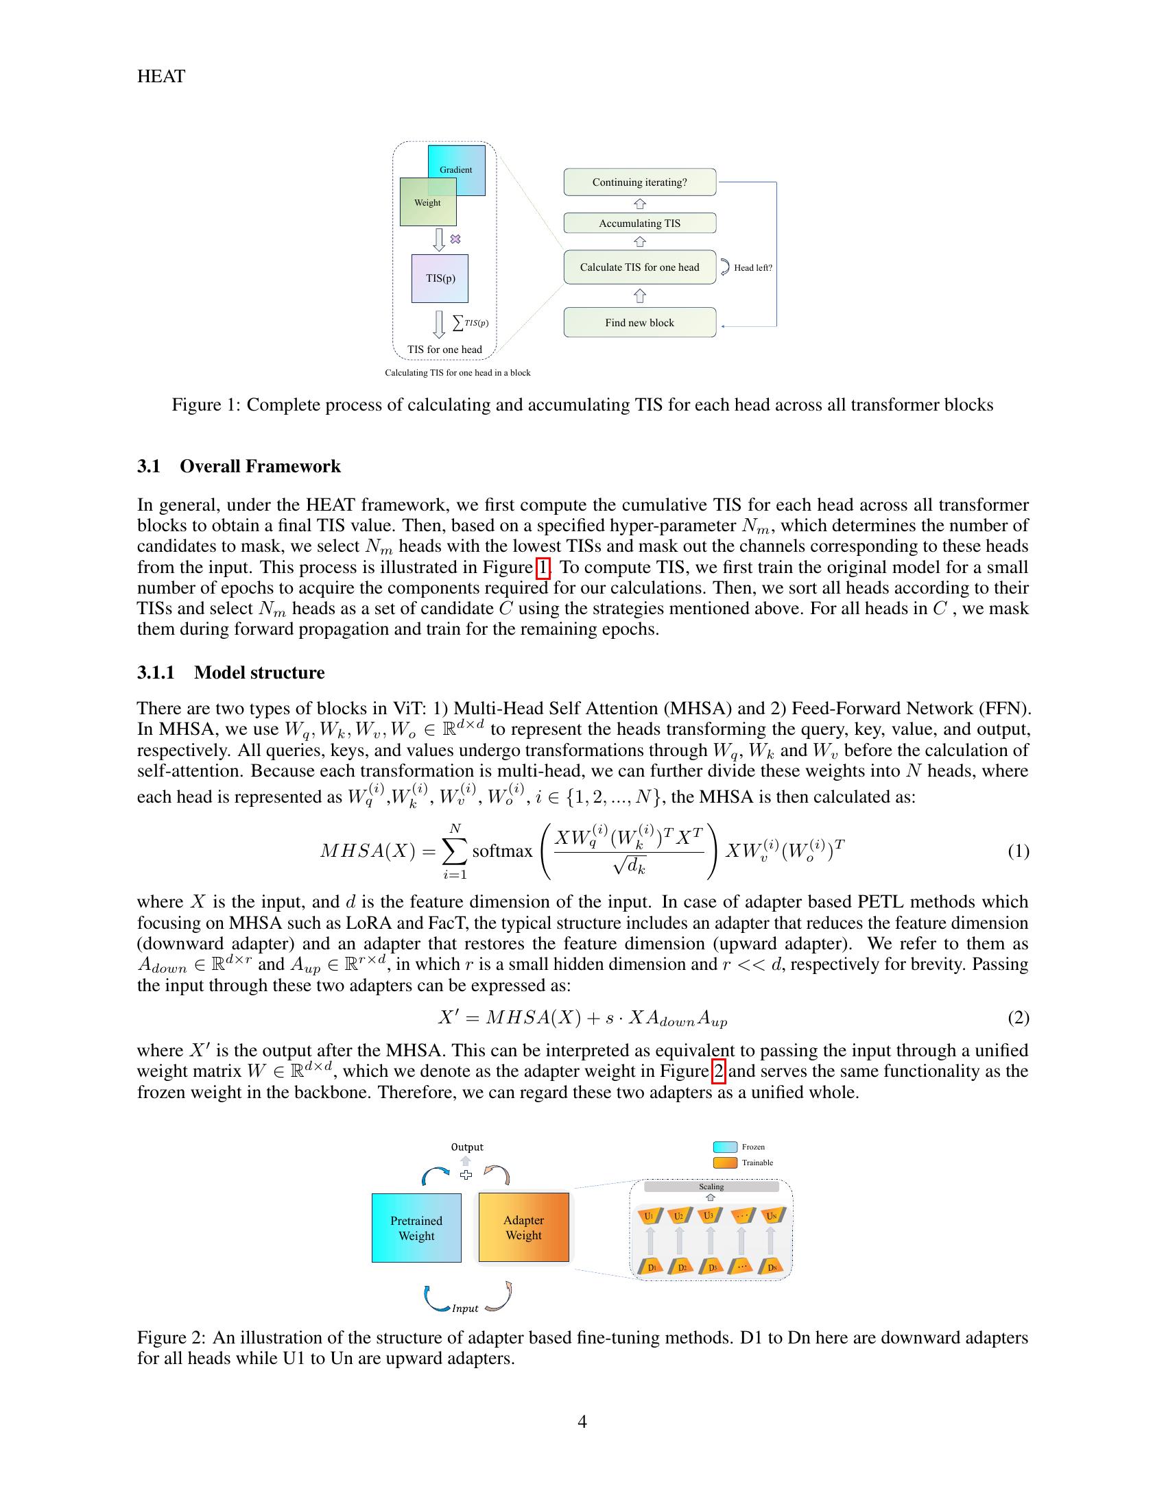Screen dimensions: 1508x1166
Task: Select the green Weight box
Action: [427, 202]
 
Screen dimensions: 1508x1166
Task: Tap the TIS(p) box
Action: [440, 278]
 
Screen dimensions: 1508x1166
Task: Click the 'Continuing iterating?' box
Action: [640, 182]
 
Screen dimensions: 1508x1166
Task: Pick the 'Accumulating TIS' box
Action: [640, 223]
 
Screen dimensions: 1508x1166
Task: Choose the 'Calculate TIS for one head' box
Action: [640, 267]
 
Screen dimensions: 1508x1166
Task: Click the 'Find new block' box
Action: [640, 322]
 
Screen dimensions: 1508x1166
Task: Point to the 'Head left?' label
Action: [752, 268]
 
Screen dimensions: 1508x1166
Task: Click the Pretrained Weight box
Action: [416, 1228]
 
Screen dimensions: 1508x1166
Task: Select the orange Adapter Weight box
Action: [523, 1227]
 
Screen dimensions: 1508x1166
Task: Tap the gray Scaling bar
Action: [711, 1187]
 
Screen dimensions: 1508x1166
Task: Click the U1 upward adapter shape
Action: [650, 1215]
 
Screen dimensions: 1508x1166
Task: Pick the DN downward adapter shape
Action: [772, 1267]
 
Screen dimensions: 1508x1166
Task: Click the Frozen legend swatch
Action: [724, 1147]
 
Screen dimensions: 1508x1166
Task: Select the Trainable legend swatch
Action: [724, 1163]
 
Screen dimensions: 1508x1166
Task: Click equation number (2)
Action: [1018, 1017]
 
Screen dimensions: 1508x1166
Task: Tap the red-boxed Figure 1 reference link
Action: [543, 568]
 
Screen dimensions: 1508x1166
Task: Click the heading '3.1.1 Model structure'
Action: [230, 672]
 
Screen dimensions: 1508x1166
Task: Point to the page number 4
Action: [582, 1421]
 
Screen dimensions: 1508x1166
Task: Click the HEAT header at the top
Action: [161, 77]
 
